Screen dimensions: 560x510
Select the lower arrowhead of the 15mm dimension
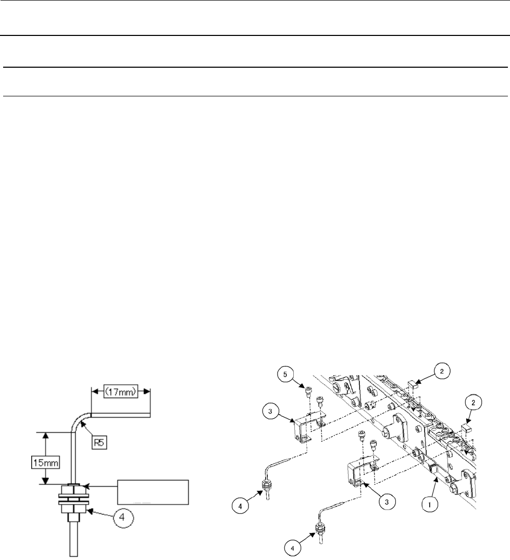click(46, 482)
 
